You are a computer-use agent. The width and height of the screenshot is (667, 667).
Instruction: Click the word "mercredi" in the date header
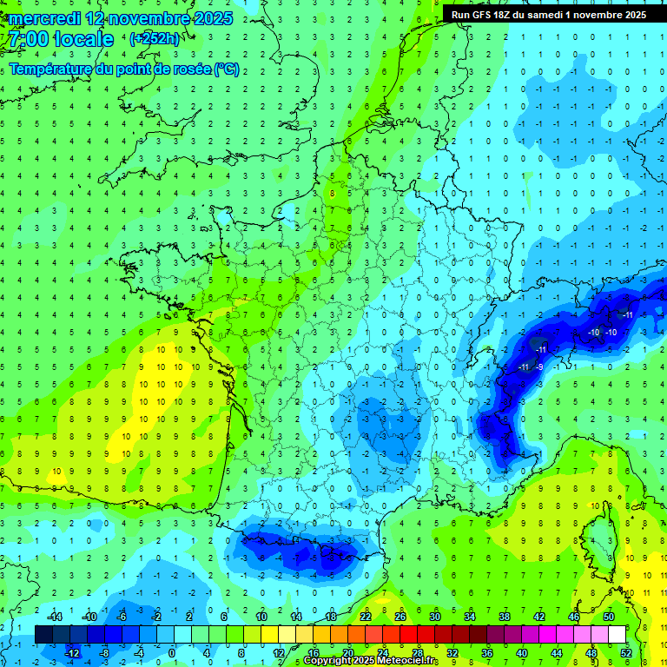pos(44,18)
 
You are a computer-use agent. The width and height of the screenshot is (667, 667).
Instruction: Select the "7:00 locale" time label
pos(60,39)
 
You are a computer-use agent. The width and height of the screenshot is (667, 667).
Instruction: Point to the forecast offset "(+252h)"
pos(155,38)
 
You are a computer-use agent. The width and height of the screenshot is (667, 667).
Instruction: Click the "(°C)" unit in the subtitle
pos(227,69)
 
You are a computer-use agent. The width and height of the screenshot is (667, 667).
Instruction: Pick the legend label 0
pos(173,653)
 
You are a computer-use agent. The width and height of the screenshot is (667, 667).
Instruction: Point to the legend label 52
pos(625,653)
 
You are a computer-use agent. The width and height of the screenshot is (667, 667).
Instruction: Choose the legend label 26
pos(400,617)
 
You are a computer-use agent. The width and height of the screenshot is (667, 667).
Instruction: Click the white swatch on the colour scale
pos(617,635)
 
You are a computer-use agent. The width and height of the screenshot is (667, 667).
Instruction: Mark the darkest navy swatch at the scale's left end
pos(43,635)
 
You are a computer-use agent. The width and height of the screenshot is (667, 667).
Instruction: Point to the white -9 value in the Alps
pos(539,367)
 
